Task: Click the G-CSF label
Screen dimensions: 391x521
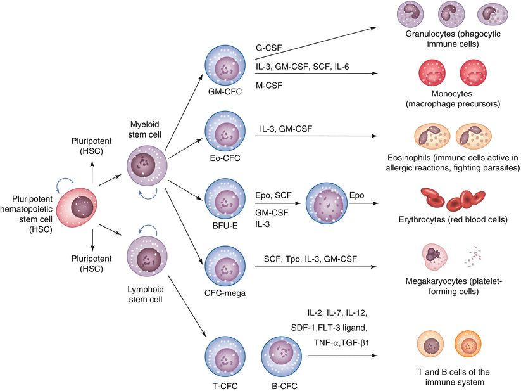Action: coord(267,48)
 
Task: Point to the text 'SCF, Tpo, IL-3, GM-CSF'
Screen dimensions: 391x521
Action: coord(310,259)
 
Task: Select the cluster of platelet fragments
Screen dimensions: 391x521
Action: coord(474,256)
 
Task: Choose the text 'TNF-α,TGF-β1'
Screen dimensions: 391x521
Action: coord(342,342)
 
